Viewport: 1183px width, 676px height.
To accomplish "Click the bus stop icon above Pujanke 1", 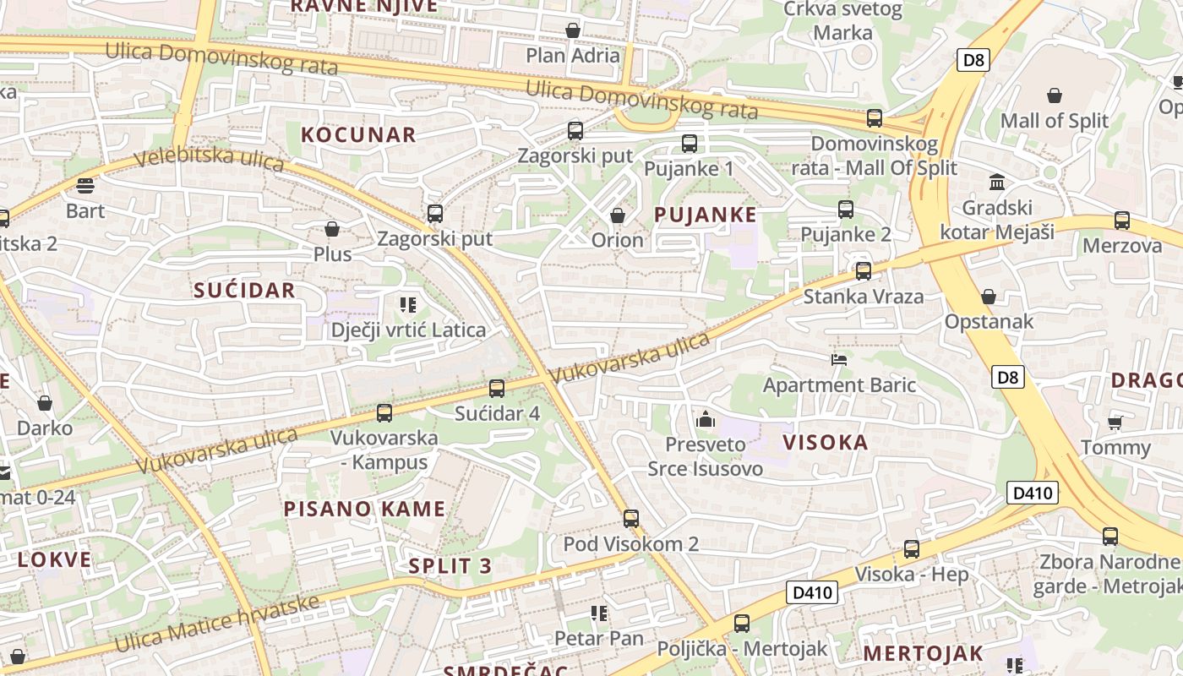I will pyautogui.click(x=690, y=144).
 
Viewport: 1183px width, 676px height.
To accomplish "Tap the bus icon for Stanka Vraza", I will pyautogui.click(x=863, y=271).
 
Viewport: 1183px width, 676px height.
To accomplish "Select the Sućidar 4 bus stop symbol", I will pyautogui.click(x=497, y=389).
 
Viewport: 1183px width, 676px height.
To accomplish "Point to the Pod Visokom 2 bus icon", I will pyautogui.click(x=631, y=519).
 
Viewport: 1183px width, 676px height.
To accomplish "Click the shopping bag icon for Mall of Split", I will pyautogui.click(x=1054, y=95).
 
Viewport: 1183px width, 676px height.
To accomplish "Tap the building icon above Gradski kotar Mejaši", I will pyautogui.click(x=997, y=183).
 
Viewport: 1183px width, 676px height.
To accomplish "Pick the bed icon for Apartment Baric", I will pyautogui.click(x=838, y=360).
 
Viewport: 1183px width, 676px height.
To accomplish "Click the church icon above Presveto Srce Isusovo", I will pyautogui.click(x=705, y=419).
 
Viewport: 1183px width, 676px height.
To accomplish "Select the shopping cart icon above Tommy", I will pyautogui.click(x=1115, y=422).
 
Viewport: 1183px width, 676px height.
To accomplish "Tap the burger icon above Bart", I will pyautogui.click(x=85, y=186).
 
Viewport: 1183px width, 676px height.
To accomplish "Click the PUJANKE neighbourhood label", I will pyautogui.click(x=706, y=215).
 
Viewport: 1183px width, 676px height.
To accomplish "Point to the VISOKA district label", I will pyautogui.click(x=826, y=442).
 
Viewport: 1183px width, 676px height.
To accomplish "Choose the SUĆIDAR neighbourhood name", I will pyautogui.click(x=244, y=291).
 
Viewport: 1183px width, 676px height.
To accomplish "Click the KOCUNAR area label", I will pyautogui.click(x=358, y=134).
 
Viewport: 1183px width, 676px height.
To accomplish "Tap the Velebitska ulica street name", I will pyautogui.click(x=208, y=159).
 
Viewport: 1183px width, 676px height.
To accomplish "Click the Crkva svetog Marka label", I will pyautogui.click(x=842, y=21).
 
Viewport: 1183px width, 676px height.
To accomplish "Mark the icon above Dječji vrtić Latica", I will pyautogui.click(x=408, y=304).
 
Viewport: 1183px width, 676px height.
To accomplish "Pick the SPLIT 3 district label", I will pyautogui.click(x=450, y=566).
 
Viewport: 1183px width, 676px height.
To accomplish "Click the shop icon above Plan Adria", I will pyautogui.click(x=573, y=31).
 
